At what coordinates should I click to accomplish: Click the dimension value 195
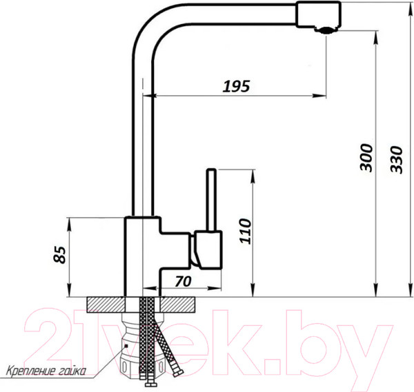[236, 86]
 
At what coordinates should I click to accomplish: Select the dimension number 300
[366, 158]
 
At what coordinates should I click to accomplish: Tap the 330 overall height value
[396, 160]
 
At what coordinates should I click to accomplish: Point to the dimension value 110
[245, 231]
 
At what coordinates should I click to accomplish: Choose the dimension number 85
[59, 255]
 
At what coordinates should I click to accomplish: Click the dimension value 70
[183, 281]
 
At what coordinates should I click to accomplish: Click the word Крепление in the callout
[30, 371]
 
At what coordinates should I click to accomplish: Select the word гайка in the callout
[71, 371]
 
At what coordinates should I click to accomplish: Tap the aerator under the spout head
[326, 30]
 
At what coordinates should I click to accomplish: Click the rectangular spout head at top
[318, 14]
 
